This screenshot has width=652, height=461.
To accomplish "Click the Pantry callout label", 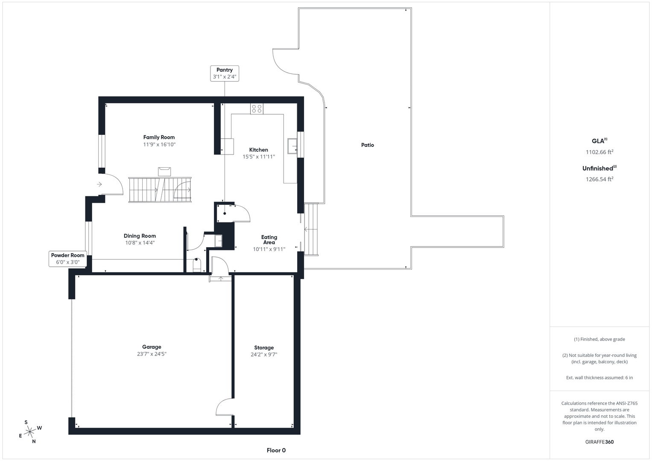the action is (x=225, y=73).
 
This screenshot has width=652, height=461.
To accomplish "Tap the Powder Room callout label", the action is (x=68, y=259).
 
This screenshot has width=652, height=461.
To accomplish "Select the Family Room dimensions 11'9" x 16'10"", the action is (x=159, y=145).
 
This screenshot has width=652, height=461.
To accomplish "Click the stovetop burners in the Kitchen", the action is (x=257, y=109).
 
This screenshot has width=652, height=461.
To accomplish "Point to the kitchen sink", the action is (x=292, y=146).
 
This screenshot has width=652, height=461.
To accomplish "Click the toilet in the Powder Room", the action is (x=197, y=265).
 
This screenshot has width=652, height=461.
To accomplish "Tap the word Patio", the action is (x=367, y=145).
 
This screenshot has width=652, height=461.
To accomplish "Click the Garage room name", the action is (x=152, y=347).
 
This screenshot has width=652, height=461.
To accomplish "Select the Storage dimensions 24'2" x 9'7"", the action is (x=264, y=354).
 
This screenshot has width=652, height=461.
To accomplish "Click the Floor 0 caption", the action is (x=276, y=450).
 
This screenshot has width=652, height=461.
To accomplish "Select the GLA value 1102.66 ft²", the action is (x=599, y=152).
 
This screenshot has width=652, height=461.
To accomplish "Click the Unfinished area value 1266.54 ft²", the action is (x=599, y=179).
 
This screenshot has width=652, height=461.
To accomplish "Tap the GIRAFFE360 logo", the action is (x=599, y=442).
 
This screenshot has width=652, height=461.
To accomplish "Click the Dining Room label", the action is (x=140, y=236).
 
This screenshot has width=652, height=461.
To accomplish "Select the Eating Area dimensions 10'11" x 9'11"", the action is (x=269, y=249).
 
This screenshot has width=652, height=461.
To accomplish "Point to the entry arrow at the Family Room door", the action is (x=99, y=184).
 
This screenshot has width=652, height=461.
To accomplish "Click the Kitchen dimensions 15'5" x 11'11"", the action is (x=259, y=157).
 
